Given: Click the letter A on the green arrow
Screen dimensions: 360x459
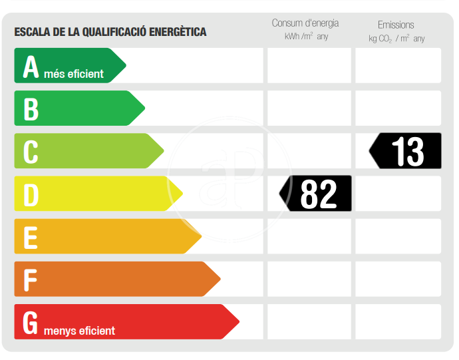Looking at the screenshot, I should (31, 67).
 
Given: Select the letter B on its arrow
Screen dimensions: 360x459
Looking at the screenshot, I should (31, 109).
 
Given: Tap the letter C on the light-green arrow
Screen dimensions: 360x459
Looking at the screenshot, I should (31, 152).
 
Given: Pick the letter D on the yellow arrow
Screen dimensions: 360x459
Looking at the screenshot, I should (31, 194).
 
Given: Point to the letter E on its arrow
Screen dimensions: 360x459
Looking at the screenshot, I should (31, 237).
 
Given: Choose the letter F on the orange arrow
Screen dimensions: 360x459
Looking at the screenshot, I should (30, 279).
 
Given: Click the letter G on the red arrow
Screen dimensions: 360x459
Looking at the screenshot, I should (31, 322).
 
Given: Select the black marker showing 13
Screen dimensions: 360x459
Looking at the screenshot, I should (406, 151).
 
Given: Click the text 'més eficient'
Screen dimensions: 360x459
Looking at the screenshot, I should (74, 74).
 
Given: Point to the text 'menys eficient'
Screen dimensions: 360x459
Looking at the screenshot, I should (79, 331).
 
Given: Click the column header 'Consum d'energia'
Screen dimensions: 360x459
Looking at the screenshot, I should (306, 24).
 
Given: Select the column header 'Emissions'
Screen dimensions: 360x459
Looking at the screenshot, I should (396, 25).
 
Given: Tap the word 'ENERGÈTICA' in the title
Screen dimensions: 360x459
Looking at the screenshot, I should (176, 32).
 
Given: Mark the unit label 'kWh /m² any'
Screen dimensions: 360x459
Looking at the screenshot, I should (306, 37).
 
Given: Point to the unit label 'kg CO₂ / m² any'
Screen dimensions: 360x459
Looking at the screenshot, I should (396, 39).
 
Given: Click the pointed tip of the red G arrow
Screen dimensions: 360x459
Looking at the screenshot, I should (238, 322).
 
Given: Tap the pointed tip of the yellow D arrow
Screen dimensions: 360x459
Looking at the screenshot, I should (182, 194).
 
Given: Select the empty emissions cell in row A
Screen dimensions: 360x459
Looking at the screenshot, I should (398, 66).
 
